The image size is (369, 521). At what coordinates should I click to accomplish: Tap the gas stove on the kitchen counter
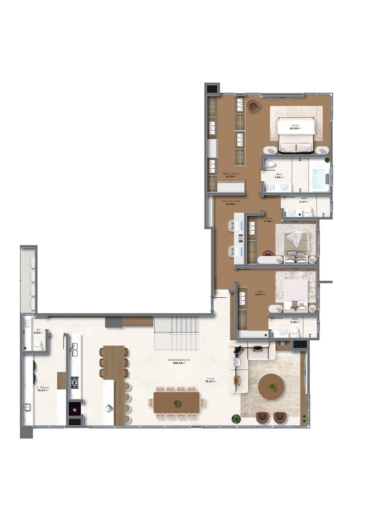74,382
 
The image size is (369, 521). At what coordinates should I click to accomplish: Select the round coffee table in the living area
271,387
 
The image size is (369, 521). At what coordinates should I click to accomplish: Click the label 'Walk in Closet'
231,174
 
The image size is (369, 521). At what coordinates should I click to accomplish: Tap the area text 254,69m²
179,363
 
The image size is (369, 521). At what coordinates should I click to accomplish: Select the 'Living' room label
211,379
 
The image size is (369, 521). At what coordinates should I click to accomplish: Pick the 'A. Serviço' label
43,387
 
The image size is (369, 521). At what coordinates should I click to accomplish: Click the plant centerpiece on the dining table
177,402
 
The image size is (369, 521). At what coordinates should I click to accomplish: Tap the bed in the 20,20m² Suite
296,136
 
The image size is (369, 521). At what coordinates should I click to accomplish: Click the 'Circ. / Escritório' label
231,201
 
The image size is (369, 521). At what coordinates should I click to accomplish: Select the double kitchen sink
74,350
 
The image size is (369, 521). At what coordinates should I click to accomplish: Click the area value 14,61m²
260,295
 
